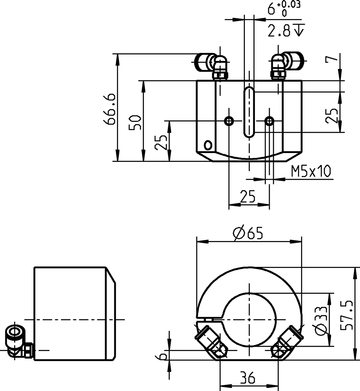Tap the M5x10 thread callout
311,172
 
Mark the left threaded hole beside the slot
229,121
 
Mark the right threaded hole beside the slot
269,121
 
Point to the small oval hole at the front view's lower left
208,145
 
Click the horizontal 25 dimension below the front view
248,197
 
